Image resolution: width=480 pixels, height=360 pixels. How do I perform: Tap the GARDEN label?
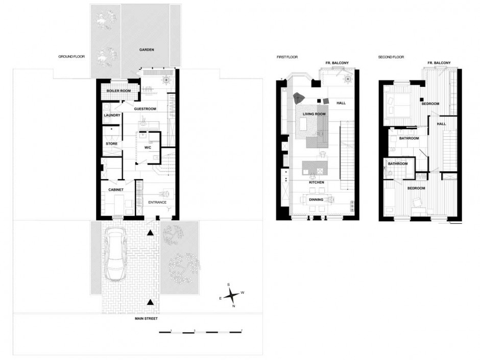point(147,50)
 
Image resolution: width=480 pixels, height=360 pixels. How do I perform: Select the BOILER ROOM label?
point(118,91)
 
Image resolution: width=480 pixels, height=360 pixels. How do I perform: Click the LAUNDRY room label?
point(112,115)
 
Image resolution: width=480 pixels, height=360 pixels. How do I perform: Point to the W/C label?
point(148,148)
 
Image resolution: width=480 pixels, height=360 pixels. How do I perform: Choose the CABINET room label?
point(115,190)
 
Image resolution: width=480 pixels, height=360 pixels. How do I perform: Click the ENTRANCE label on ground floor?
point(157,203)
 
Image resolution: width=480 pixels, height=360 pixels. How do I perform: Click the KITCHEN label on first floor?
point(317,182)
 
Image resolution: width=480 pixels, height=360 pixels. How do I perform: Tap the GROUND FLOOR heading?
point(71,57)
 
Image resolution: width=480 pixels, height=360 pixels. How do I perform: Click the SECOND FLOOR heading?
point(391,57)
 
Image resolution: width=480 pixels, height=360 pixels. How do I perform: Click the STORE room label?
point(111,144)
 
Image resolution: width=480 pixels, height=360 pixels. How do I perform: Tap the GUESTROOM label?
point(145,109)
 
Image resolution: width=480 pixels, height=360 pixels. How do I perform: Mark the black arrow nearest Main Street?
point(150,303)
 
